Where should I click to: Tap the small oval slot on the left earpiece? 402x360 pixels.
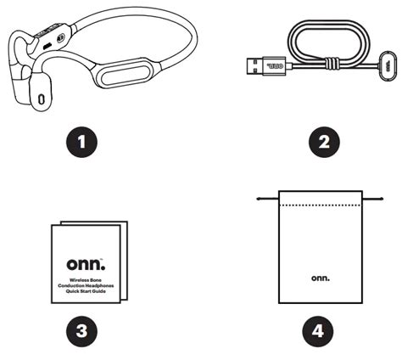[42, 98]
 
